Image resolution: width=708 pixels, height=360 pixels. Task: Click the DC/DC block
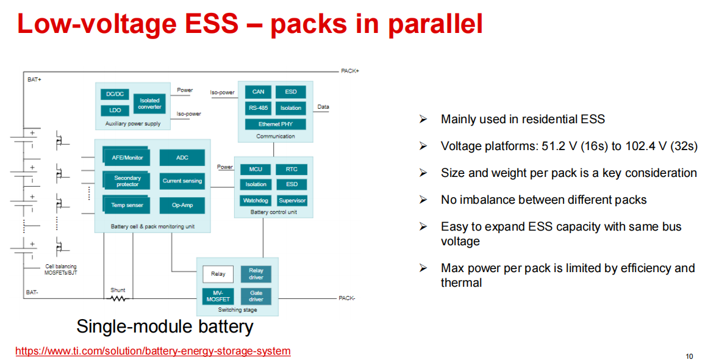click(115, 94)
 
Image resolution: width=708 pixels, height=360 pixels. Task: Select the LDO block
click(115, 110)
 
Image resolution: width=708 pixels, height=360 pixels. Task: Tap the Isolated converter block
click(149, 103)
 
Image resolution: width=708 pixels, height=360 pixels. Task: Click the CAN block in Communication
click(258, 92)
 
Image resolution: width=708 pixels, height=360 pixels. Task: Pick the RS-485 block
click(258, 108)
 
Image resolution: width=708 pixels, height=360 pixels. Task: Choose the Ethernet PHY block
click(275, 124)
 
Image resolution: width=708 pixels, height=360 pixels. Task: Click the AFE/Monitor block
click(127, 157)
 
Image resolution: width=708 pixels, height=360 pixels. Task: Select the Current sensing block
click(182, 181)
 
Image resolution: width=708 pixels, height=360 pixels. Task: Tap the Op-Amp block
click(182, 205)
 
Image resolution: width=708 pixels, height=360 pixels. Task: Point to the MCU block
click(256, 169)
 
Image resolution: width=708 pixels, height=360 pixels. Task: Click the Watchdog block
click(256, 200)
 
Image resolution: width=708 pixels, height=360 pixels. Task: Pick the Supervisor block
click(292, 200)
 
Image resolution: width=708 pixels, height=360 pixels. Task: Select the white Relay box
click(218, 274)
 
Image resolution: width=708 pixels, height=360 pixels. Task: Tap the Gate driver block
click(256, 296)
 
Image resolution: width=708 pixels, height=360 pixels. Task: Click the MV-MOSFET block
click(218, 296)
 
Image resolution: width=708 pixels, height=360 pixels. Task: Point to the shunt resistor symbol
click(118, 298)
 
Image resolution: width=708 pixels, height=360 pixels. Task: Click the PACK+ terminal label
click(350, 71)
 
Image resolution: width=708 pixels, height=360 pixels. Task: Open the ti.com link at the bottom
click(152, 351)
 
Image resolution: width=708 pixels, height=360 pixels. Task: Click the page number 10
click(689, 356)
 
